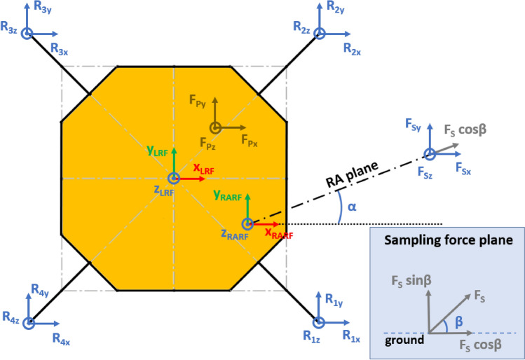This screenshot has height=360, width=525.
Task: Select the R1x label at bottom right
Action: [x=350, y=337]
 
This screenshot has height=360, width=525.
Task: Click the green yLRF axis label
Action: [x=156, y=151]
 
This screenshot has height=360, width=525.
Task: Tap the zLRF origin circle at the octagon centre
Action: [x=173, y=178]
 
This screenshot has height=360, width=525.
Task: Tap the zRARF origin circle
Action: [x=247, y=224]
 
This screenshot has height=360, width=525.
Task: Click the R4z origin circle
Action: [x=29, y=322]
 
